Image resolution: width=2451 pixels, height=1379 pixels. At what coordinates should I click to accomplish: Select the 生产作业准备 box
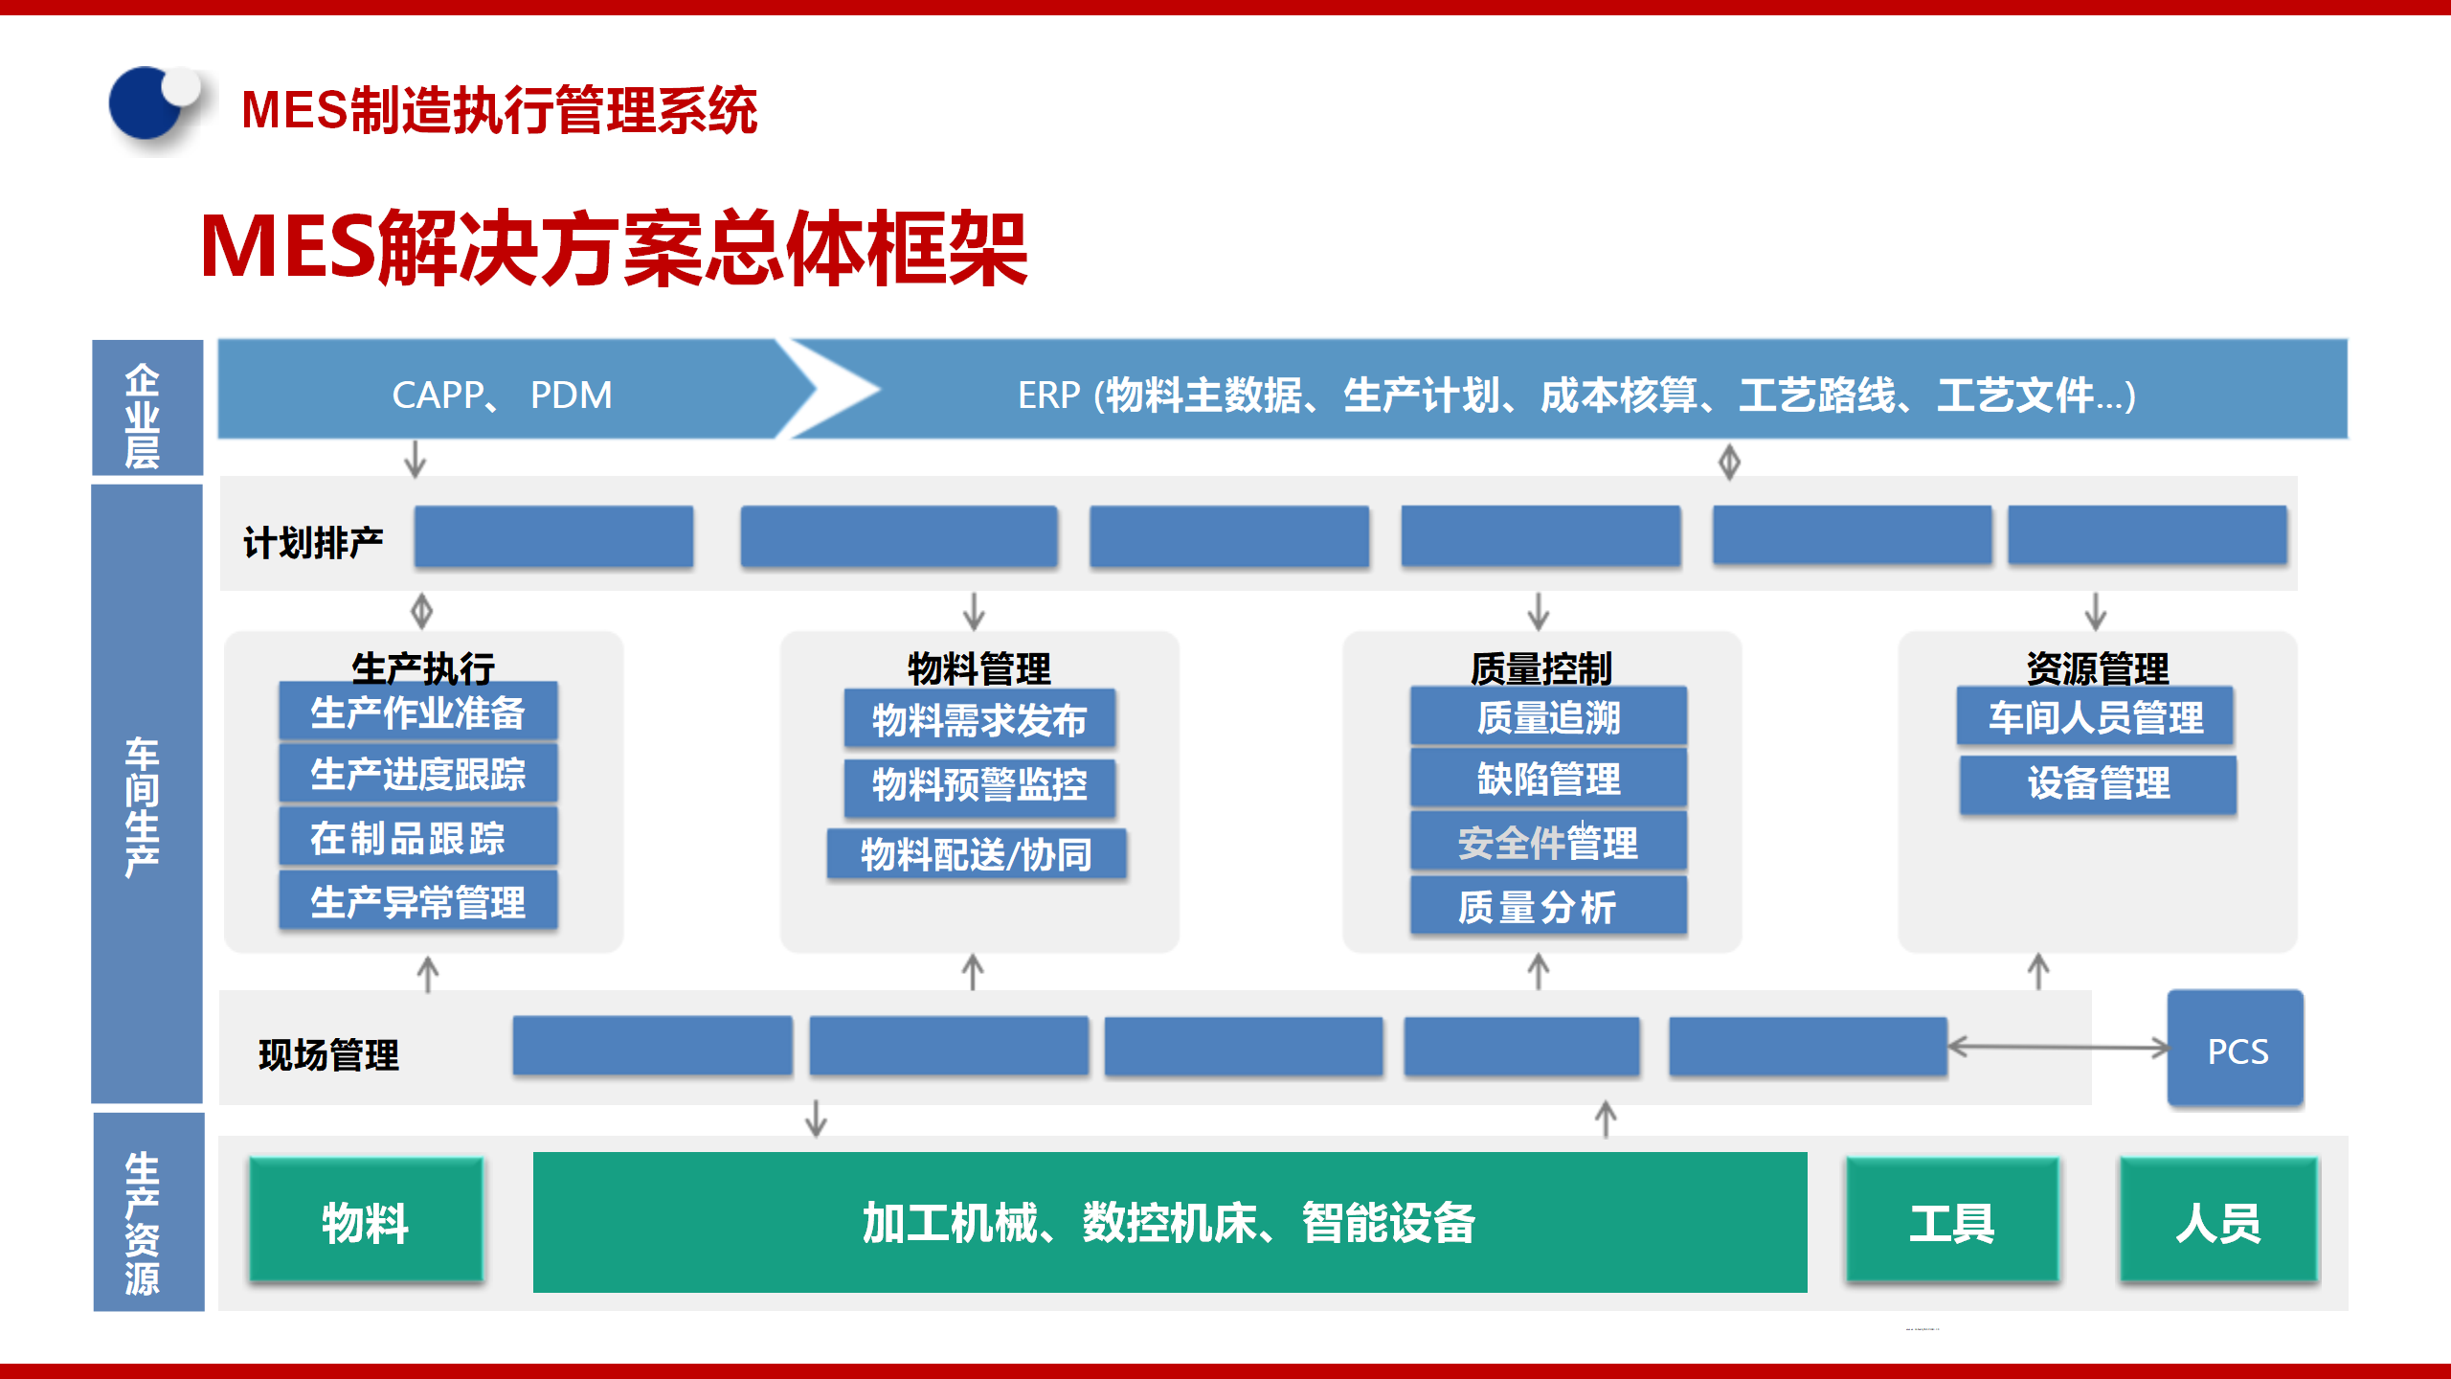418,712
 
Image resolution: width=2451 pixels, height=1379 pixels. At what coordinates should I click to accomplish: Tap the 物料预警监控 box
979,785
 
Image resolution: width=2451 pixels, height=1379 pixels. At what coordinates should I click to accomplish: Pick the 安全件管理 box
1548,843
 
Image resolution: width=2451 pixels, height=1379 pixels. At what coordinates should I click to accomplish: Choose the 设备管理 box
2098,783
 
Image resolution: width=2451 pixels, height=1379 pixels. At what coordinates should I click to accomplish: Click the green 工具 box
1951,1221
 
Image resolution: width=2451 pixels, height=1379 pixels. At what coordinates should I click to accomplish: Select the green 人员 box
2218,1221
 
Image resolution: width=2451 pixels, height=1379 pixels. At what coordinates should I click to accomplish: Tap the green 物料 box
366,1221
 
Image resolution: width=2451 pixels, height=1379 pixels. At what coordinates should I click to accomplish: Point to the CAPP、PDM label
502,395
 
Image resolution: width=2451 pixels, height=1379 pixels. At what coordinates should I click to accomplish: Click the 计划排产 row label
313,542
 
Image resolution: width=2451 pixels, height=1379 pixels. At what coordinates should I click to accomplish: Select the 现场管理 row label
328,1054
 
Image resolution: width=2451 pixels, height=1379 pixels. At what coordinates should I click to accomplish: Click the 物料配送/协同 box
977,854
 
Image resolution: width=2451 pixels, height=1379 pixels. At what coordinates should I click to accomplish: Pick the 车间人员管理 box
2095,716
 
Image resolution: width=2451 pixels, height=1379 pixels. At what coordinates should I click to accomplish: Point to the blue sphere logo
151,105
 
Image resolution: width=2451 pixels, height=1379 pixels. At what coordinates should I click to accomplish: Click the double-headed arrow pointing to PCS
2058,1048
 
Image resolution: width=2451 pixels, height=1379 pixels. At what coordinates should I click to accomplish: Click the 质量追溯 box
1548,716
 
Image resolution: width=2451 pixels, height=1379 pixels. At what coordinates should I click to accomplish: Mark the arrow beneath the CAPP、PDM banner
415,459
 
